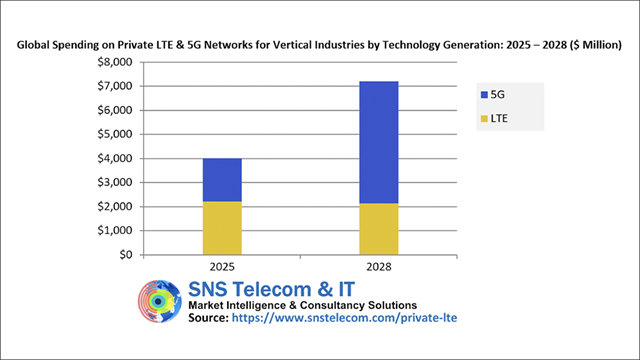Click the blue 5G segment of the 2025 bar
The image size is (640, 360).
pos(222,180)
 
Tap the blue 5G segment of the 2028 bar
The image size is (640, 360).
pos(379,142)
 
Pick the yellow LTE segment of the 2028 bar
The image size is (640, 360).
pos(379,229)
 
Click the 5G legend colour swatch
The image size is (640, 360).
pos(484,95)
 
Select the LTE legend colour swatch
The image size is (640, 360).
pos(484,119)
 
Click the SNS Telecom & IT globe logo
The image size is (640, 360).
pos(161,304)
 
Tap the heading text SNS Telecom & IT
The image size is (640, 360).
pos(269,288)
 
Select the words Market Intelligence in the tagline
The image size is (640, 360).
pos(246,305)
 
